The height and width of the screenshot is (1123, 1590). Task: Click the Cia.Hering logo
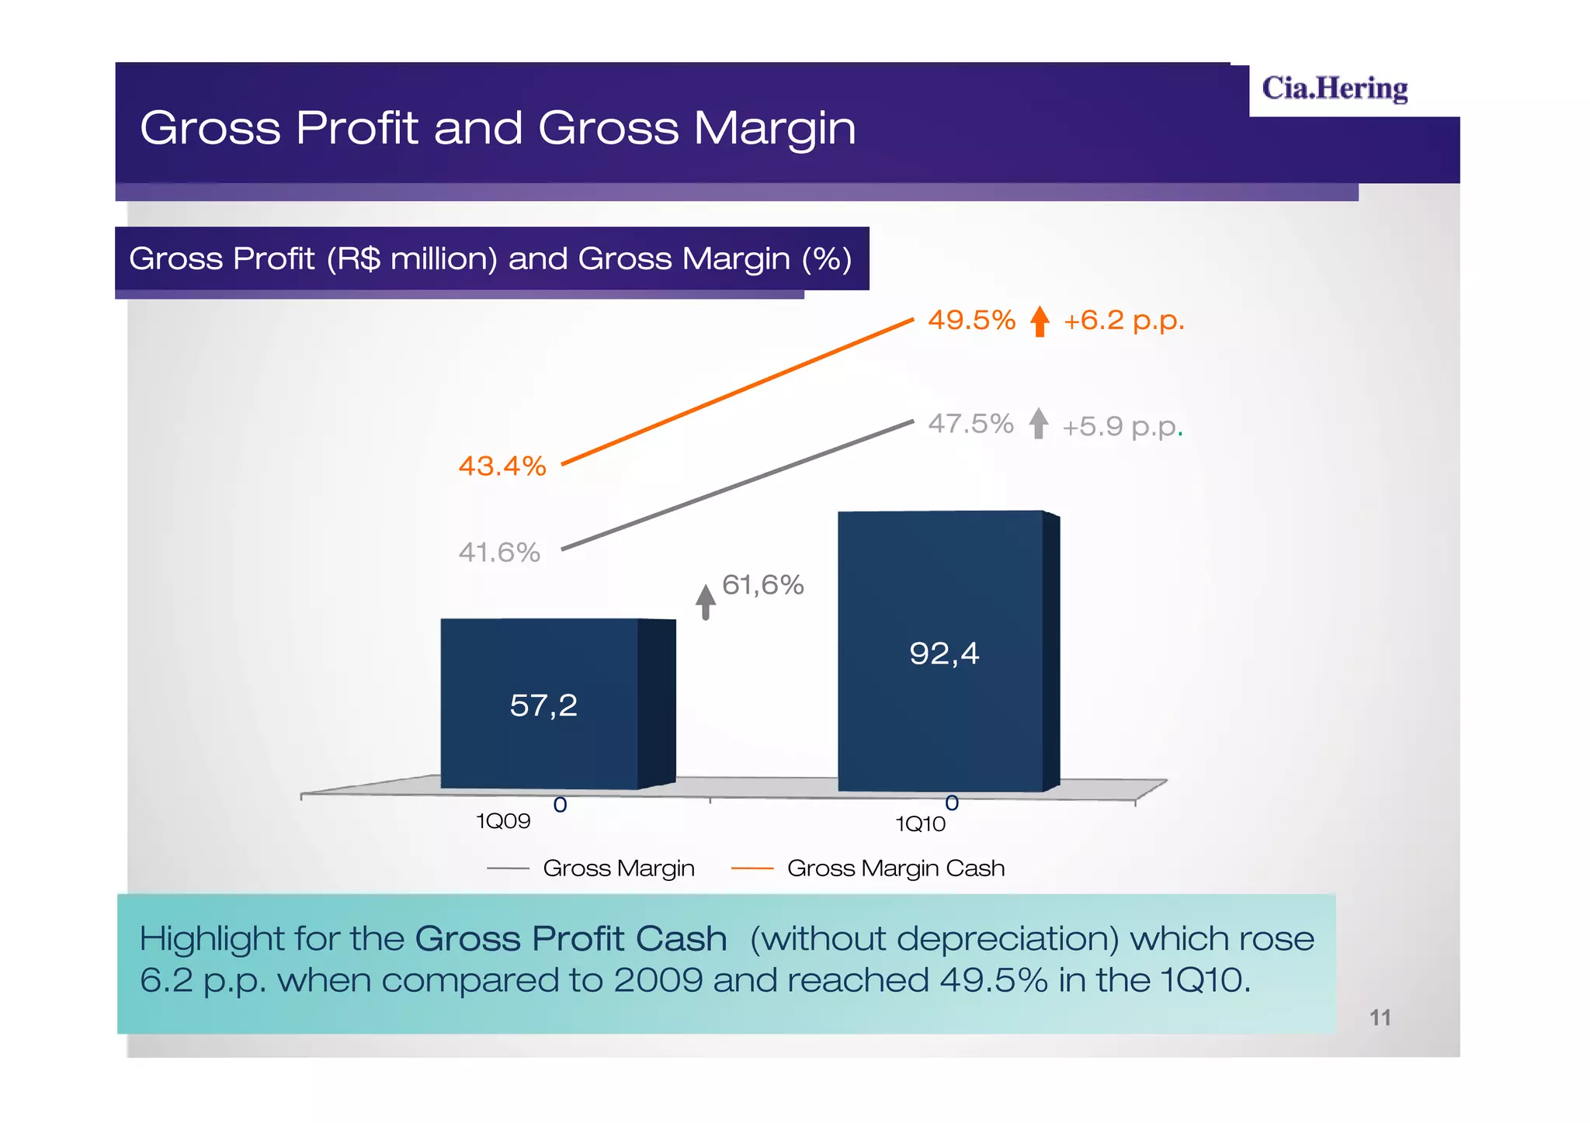(1334, 88)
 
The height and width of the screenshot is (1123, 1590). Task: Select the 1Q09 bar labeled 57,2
(543, 705)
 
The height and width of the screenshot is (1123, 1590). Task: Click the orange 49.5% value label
(971, 320)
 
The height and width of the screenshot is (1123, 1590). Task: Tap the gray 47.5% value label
(970, 424)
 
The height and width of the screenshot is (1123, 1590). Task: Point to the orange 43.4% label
(502, 466)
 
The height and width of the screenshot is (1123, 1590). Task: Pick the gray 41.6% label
(499, 552)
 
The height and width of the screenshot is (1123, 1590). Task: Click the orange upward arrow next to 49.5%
(1040, 321)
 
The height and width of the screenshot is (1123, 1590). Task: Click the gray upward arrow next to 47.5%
(1038, 424)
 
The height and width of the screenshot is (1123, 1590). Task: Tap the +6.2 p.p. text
(1123, 320)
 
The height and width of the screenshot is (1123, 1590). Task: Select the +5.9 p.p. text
(1121, 426)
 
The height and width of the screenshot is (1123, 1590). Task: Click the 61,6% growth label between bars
(762, 584)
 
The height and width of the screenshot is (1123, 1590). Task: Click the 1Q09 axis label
(503, 821)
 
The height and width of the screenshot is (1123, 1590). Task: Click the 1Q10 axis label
(920, 823)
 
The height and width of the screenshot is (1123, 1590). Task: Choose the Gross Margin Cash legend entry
(894, 868)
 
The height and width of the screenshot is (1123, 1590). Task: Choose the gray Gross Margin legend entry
(618, 868)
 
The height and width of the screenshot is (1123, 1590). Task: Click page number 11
(1380, 1017)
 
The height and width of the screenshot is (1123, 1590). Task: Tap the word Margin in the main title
(775, 128)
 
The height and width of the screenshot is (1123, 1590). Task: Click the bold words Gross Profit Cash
(571, 938)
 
